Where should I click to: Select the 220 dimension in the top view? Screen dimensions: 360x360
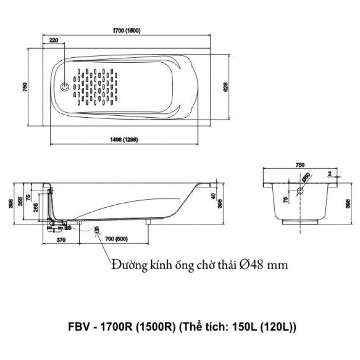click(x=54, y=39)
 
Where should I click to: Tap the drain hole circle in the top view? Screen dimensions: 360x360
click(x=64, y=88)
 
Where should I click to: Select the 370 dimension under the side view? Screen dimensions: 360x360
click(x=61, y=239)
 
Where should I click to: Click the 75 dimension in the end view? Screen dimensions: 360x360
click(x=286, y=200)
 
